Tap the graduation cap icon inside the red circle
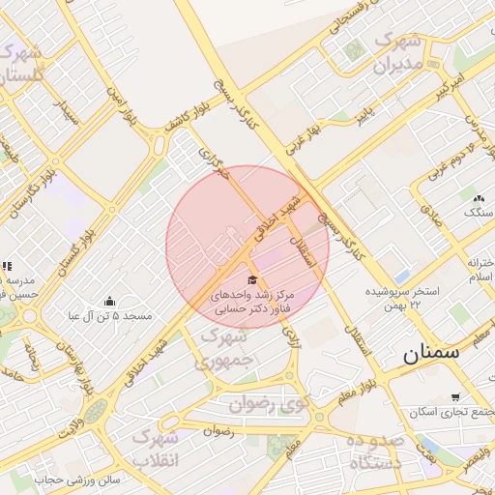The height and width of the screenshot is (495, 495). (x=251, y=280)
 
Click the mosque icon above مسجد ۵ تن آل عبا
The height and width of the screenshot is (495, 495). (x=108, y=301)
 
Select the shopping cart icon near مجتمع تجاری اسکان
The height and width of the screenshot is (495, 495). (x=455, y=397)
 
